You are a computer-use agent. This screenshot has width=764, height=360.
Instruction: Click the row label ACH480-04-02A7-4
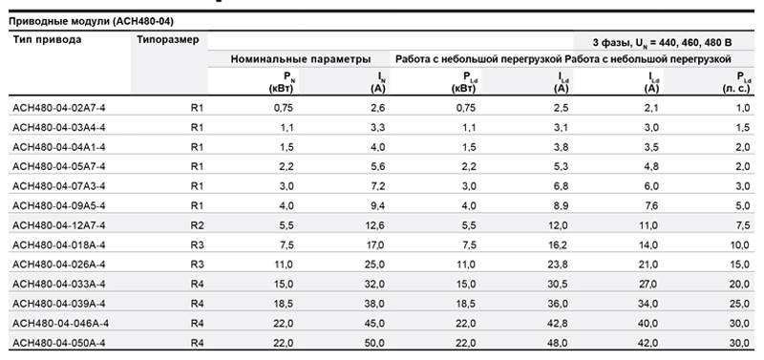click(x=58, y=108)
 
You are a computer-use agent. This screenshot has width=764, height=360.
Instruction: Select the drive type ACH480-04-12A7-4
click(x=58, y=225)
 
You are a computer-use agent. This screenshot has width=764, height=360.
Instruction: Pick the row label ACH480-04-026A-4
click(x=58, y=265)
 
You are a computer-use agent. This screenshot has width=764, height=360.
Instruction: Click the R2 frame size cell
click(x=197, y=225)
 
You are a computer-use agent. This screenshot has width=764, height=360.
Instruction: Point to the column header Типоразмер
click(x=168, y=40)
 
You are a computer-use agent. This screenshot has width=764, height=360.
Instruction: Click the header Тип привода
click(x=47, y=40)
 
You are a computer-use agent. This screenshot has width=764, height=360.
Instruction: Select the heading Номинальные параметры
click(x=301, y=59)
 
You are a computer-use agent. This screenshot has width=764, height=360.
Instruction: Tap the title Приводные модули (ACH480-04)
click(x=91, y=21)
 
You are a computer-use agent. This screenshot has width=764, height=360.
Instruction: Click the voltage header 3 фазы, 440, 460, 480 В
click(x=662, y=43)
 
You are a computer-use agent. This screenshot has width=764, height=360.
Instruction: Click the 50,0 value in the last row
click(x=374, y=343)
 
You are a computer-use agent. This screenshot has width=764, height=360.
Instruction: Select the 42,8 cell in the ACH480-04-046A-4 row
click(x=558, y=324)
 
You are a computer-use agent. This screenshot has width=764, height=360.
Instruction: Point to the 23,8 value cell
click(x=558, y=265)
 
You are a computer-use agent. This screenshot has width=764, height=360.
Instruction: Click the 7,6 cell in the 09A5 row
click(x=651, y=206)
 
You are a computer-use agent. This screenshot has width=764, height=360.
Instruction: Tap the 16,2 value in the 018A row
click(x=558, y=245)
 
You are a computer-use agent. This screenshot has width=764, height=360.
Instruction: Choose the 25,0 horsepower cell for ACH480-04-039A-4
click(x=739, y=304)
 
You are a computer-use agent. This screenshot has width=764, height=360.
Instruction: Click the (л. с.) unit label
click(x=736, y=89)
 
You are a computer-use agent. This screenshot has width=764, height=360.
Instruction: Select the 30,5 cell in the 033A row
click(x=558, y=284)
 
